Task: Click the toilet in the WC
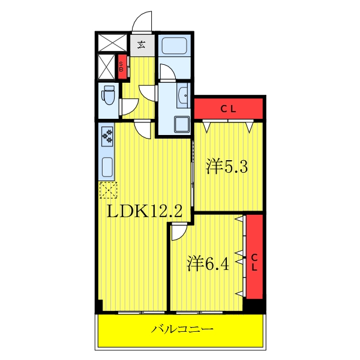point(108,96)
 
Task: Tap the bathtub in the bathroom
point(175,46)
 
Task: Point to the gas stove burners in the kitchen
point(109,136)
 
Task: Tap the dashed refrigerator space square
point(109,190)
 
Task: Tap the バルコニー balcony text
point(182,329)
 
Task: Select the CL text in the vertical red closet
point(254,262)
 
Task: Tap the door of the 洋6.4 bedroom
point(179,230)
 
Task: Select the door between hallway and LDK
point(142,128)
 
